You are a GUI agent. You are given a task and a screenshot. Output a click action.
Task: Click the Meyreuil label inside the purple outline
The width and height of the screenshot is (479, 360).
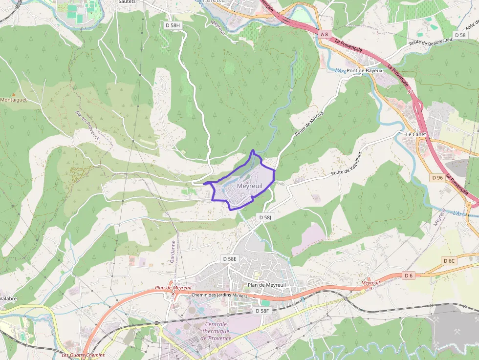point(249,186)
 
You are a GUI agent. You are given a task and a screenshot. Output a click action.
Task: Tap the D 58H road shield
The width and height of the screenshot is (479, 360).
point(173,25)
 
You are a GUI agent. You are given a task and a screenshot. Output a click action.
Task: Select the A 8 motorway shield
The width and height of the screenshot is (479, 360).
point(325,34)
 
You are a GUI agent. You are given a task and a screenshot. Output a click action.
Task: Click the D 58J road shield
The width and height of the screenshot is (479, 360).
point(265,217)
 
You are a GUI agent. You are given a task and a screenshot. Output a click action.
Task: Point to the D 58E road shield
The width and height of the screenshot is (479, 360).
point(229,258)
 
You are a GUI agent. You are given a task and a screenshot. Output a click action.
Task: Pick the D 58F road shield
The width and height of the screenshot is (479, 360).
point(262,311)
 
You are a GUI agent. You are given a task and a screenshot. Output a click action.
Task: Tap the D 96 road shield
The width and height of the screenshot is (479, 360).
point(437,178)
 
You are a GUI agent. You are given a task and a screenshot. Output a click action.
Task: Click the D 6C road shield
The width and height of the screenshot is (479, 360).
point(449,261)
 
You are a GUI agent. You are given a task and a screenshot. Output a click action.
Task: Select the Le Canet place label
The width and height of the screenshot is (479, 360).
point(416,134)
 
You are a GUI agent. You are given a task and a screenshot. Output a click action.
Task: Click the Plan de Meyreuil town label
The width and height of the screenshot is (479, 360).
point(266,285)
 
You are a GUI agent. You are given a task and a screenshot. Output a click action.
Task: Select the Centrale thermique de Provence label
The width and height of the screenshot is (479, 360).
point(216,331)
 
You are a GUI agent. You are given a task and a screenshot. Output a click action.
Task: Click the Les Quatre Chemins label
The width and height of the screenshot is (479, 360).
point(83,355)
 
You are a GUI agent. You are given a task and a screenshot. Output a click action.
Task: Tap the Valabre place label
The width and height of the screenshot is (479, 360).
point(8,298)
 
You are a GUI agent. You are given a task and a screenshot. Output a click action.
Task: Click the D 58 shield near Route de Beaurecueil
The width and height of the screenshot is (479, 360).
point(460,35)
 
